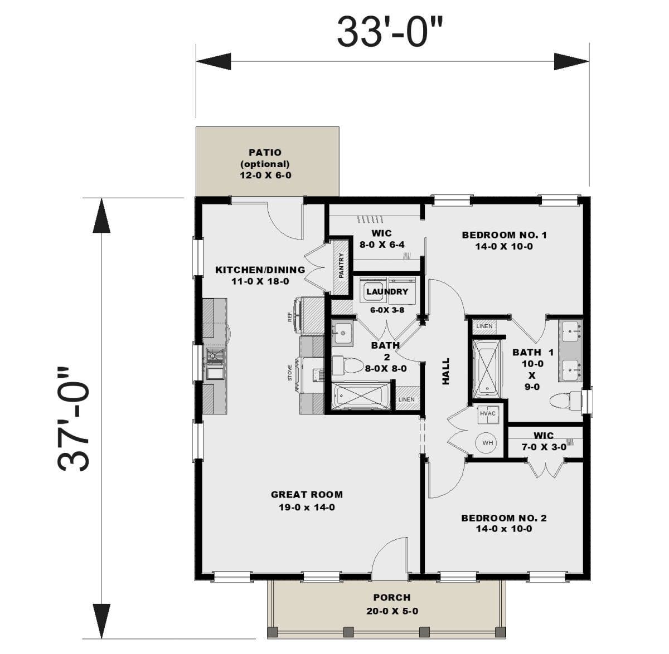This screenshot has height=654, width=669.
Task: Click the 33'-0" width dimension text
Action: [390, 33]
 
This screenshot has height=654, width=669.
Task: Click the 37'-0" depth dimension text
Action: [72, 419]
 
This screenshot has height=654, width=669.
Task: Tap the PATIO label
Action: [265, 152]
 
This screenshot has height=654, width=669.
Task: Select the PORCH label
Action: [392, 597]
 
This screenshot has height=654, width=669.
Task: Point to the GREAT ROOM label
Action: [307, 494]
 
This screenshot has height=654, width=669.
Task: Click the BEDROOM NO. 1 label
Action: [504, 235]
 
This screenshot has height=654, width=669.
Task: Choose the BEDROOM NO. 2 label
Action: [503, 518]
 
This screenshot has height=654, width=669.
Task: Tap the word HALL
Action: [446, 372]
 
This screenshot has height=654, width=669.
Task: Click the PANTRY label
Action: [341, 266]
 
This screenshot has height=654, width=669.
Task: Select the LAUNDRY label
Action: [387, 291]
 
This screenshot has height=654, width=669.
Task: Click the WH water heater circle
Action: [487, 443]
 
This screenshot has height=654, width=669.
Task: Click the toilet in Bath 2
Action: [347, 365]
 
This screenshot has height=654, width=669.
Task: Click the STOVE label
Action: [289, 372]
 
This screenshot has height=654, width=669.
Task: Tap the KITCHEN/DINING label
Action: [260, 270]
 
